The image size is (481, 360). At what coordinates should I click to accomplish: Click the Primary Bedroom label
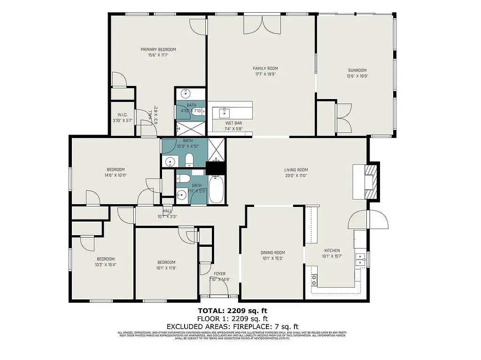point(158,49)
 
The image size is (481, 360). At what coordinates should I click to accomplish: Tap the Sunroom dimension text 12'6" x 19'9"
point(357,76)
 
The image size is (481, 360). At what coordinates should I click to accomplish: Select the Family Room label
point(265,68)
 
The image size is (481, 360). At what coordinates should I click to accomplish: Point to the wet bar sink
point(225,113)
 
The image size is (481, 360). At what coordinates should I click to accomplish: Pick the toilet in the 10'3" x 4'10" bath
point(189,161)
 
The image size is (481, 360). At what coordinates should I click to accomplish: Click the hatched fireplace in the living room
point(372,181)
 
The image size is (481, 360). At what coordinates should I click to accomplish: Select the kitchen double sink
point(360,259)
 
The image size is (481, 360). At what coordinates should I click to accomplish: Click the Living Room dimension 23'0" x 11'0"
point(295,176)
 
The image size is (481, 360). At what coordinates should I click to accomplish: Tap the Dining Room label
point(273,253)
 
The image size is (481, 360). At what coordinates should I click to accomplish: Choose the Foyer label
point(219,274)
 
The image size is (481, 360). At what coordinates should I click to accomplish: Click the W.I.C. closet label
point(122,115)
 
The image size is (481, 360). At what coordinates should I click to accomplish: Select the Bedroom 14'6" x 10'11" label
point(116,169)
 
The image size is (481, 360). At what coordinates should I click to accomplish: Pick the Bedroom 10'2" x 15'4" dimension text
point(106,265)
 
